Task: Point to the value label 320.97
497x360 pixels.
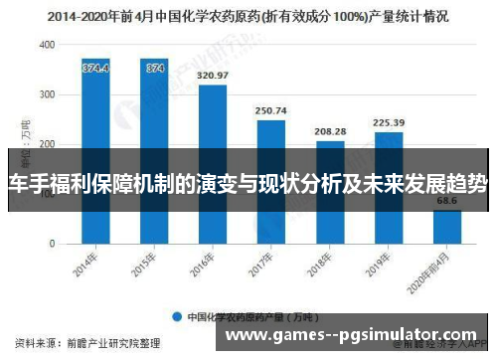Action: click(x=213, y=76)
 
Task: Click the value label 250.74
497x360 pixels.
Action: click(x=271, y=110)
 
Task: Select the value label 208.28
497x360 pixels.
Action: click(x=330, y=131)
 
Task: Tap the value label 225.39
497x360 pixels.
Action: click(x=389, y=123)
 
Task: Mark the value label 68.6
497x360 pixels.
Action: click(x=447, y=201)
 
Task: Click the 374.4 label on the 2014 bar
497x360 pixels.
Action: click(x=95, y=68)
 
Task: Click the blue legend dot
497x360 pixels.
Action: click(x=176, y=317)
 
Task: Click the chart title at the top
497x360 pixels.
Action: click(x=248, y=17)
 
